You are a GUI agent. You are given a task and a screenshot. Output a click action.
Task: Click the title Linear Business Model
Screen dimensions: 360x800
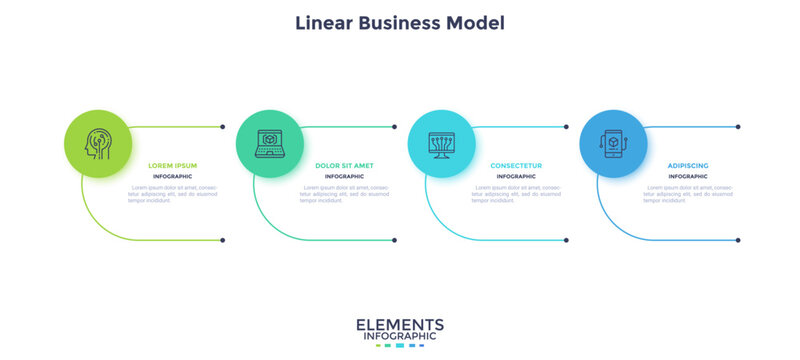[x=400, y=22]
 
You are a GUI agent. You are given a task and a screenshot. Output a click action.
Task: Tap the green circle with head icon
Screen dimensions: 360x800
[x=97, y=143]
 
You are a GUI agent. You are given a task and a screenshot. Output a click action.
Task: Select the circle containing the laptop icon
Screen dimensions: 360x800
[x=269, y=143]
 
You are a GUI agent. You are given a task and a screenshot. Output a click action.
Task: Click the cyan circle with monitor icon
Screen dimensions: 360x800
[x=441, y=143]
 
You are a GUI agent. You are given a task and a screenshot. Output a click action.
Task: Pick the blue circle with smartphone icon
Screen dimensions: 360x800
[x=613, y=143]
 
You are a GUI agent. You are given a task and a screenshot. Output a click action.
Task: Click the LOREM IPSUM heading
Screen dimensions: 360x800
[x=173, y=165]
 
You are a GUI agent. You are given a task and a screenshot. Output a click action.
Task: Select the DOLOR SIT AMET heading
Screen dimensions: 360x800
[x=345, y=165]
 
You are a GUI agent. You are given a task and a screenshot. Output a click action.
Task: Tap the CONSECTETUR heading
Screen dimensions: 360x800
[x=517, y=165]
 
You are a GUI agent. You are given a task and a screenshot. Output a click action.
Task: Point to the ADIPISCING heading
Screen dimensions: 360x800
[x=689, y=165]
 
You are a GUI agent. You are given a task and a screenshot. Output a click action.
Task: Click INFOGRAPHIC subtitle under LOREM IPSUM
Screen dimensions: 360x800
[x=173, y=176]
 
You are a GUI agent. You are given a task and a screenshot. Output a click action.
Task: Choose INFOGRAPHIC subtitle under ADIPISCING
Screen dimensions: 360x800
[x=689, y=176]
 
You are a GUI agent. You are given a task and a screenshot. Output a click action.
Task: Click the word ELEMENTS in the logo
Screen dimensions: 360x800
[x=400, y=324]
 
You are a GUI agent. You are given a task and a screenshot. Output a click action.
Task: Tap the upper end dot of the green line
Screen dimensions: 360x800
[x=222, y=127]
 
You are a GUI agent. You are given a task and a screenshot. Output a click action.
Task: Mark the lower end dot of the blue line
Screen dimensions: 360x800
[x=738, y=240]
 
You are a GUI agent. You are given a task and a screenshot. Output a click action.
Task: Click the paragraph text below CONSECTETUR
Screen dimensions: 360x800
[x=517, y=194]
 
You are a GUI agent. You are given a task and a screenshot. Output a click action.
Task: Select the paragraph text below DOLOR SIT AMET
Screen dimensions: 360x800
[x=345, y=194]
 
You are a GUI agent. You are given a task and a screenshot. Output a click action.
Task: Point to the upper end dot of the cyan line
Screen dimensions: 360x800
[x=566, y=127]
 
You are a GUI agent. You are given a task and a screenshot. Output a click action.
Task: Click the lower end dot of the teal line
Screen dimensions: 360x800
[x=394, y=240]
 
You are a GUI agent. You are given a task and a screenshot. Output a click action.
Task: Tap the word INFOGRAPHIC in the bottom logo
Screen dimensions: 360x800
[x=400, y=337]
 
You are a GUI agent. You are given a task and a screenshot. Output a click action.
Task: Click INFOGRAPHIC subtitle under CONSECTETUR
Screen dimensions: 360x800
[x=517, y=176]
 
